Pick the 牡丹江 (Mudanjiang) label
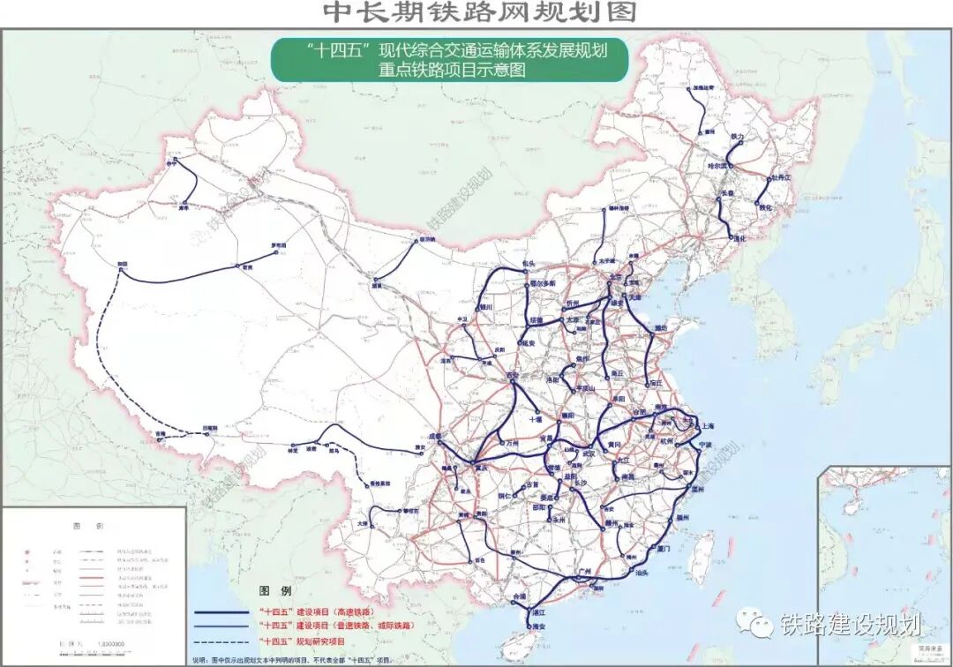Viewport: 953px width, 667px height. click(782, 177)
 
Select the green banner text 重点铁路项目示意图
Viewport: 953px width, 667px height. click(449, 71)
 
